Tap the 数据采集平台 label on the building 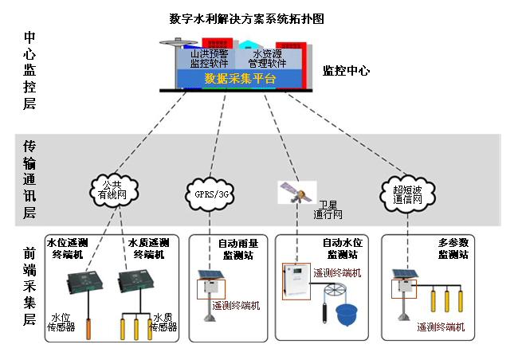pyautogui.click(x=240, y=78)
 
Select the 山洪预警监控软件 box pyautogui.click(x=209, y=58)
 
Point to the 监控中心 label pyautogui.click(x=346, y=70)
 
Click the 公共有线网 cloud pyautogui.click(x=112, y=188)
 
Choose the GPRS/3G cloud pyautogui.click(x=212, y=193)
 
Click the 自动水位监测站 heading pyautogui.click(x=340, y=248)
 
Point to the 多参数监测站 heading pyautogui.click(x=453, y=248)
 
